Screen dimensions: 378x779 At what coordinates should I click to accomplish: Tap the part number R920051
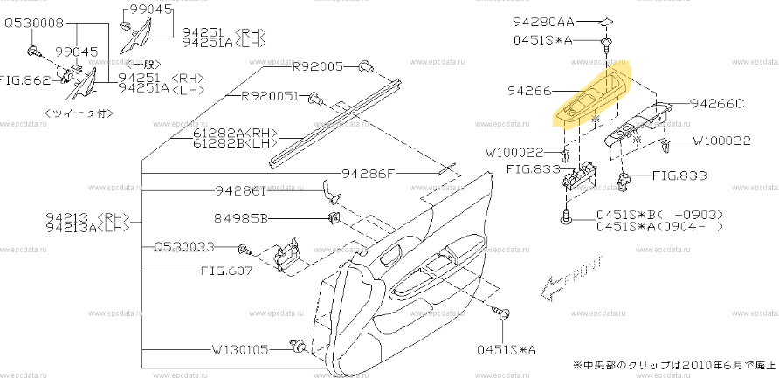pyautogui.click(x=270, y=96)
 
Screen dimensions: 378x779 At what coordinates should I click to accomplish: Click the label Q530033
pyautogui.click(x=184, y=247)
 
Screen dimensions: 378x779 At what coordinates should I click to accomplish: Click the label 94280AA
pyautogui.click(x=544, y=22)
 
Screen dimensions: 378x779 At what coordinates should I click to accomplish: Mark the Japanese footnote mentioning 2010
pyautogui.click(x=672, y=363)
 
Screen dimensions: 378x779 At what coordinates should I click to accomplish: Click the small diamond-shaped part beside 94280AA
pyautogui.click(x=606, y=22)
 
